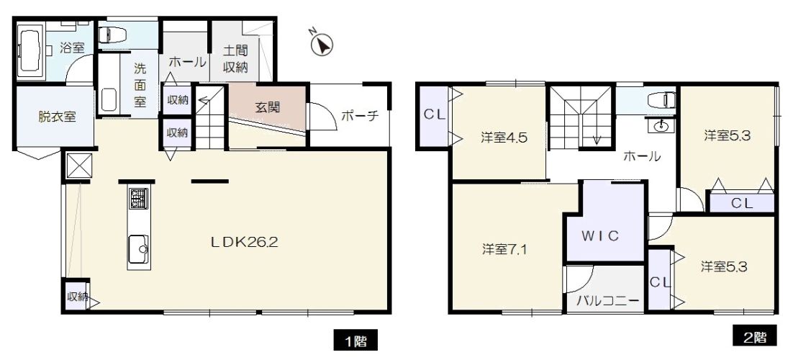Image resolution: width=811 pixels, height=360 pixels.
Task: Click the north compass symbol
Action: (322, 45)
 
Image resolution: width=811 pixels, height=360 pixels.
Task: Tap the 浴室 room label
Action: (73, 49)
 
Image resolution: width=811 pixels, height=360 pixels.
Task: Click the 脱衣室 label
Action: (57, 117)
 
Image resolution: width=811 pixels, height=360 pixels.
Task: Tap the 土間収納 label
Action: (235, 58)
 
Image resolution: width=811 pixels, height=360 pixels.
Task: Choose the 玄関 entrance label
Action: (268, 108)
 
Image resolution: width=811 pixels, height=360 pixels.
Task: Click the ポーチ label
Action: (360, 116)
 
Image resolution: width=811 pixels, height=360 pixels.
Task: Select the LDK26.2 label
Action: (244, 242)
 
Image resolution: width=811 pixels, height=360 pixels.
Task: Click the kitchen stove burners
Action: (138, 199)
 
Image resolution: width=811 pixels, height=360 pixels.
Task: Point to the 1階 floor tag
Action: (355, 341)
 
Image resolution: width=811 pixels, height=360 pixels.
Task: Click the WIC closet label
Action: (600, 236)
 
